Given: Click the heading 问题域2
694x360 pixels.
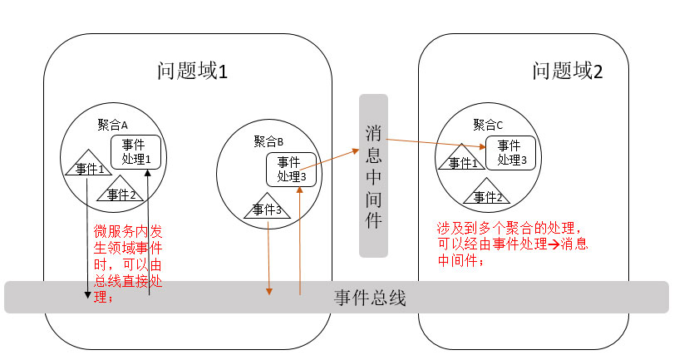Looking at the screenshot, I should tap(568, 72).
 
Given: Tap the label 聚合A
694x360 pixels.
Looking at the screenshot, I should tap(112, 126).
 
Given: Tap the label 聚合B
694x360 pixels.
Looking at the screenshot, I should tap(268, 141).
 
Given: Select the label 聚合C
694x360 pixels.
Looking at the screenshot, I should tap(488, 125).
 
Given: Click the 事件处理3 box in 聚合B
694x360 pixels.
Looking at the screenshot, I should tap(292, 169).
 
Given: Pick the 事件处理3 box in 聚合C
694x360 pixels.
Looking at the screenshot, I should tap(509, 152).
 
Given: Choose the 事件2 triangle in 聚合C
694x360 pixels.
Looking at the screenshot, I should tap(489, 195).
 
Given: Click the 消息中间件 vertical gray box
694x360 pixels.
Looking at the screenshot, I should tap(373, 175).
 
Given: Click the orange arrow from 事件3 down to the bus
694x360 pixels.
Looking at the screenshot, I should tap(269, 258).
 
